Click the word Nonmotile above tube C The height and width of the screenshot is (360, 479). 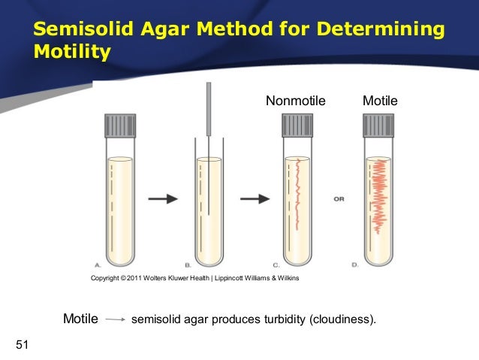click(296, 101)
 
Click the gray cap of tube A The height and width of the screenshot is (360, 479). click(119, 125)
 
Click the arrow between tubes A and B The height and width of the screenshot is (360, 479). click(162, 198)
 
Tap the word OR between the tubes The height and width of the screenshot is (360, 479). click(339, 199)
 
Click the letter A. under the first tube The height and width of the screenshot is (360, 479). click(98, 265)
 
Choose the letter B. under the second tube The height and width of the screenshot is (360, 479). click(188, 265)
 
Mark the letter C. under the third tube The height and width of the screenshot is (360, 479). click(276, 265)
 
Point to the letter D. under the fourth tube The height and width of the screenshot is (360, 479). click(355, 265)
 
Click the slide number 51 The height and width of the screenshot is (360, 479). click(22, 345)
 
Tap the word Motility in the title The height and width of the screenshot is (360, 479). click(72, 53)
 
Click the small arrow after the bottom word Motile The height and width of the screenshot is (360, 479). click(115, 319)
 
